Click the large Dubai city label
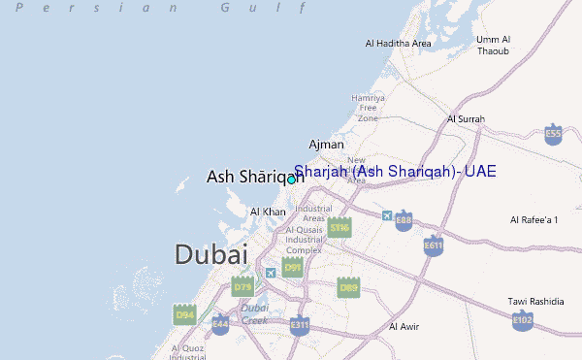coord(210,254)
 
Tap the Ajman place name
coord(326,145)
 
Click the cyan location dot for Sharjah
coord(291,179)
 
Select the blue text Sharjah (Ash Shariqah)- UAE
coord(395,172)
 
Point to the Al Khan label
coord(268,211)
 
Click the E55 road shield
coord(554,134)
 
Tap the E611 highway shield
coord(433,245)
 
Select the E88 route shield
coord(404,221)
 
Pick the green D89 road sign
coord(348,286)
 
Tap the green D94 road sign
coord(184,314)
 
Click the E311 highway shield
coord(299,324)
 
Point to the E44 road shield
coord(221,323)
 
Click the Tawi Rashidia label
coord(535,301)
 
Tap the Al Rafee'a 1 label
coord(533,221)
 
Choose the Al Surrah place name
coord(466,119)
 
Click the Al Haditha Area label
coord(398,44)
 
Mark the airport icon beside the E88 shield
coord(388,214)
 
